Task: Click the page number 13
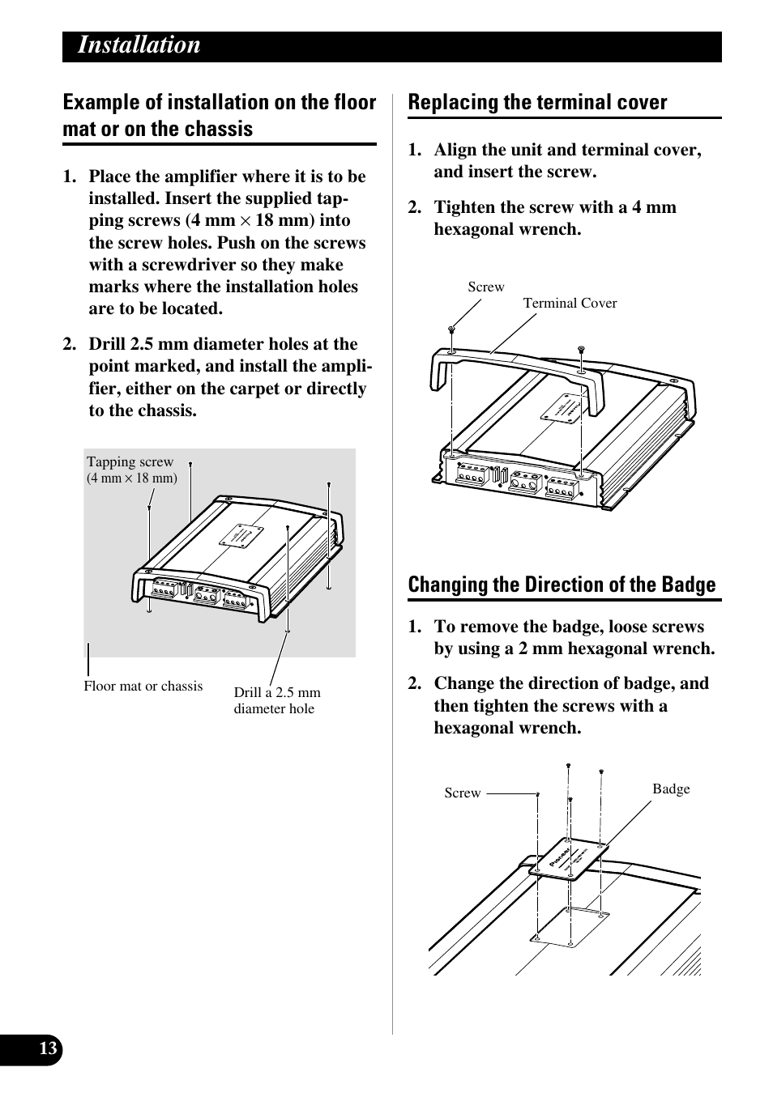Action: [48, 1049]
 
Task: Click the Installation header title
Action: [139, 45]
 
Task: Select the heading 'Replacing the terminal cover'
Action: [537, 103]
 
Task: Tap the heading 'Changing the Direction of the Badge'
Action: [562, 585]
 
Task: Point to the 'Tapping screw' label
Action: [130, 462]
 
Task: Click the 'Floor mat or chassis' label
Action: [143, 687]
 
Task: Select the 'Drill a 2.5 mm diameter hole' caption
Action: [277, 700]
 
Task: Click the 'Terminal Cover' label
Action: [570, 304]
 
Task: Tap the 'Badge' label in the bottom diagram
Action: [671, 789]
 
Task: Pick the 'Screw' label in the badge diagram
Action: [463, 793]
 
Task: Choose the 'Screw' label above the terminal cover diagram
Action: [486, 287]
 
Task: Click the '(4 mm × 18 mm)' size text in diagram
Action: [132, 478]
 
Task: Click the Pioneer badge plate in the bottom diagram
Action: [570, 859]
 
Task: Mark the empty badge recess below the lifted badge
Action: [570, 925]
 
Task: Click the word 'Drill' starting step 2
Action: [108, 344]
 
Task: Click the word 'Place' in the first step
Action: [109, 177]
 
